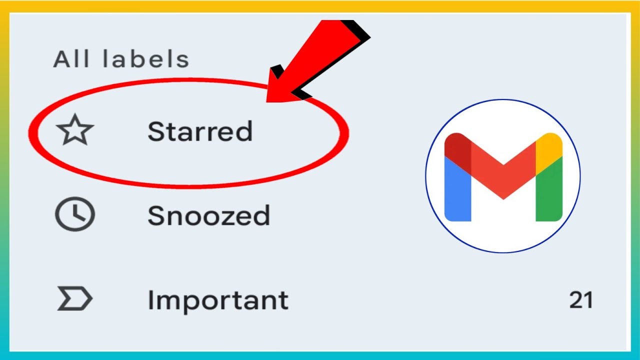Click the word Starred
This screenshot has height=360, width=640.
[x=199, y=131]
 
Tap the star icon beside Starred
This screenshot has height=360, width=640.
[x=75, y=130]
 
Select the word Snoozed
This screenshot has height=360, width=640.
[x=208, y=216]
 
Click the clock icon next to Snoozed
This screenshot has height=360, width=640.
[x=74, y=214]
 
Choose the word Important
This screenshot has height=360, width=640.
[x=217, y=300]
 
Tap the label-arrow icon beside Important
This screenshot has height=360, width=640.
[x=74, y=299]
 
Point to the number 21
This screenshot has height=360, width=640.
[x=580, y=300]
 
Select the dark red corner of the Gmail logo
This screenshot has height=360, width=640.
[x=457, y=146]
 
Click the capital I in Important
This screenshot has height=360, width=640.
[x=150, y=300]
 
